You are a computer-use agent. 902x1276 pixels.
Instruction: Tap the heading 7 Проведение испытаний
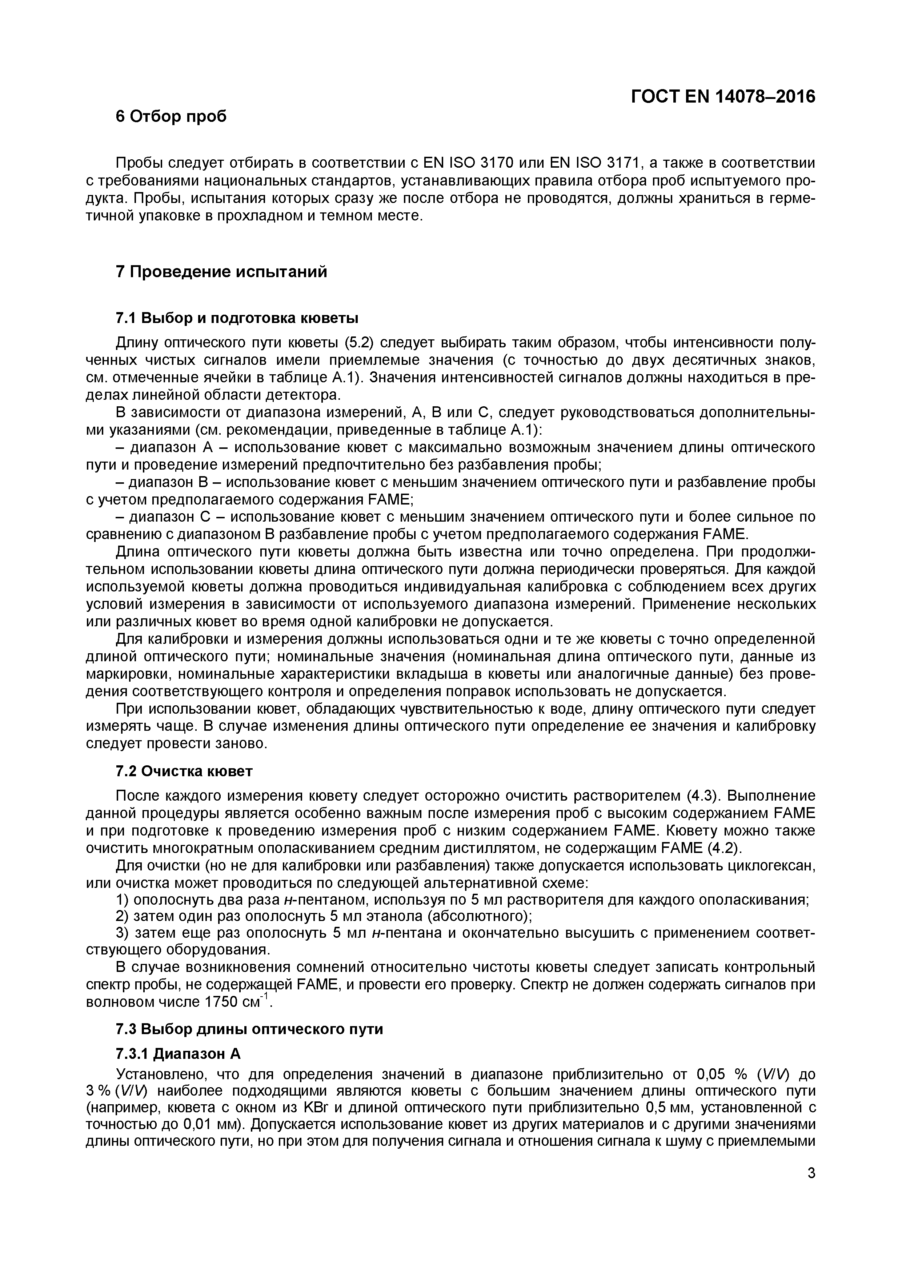[221, 272]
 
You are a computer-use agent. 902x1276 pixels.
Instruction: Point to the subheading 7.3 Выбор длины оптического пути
[249, 1029]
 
